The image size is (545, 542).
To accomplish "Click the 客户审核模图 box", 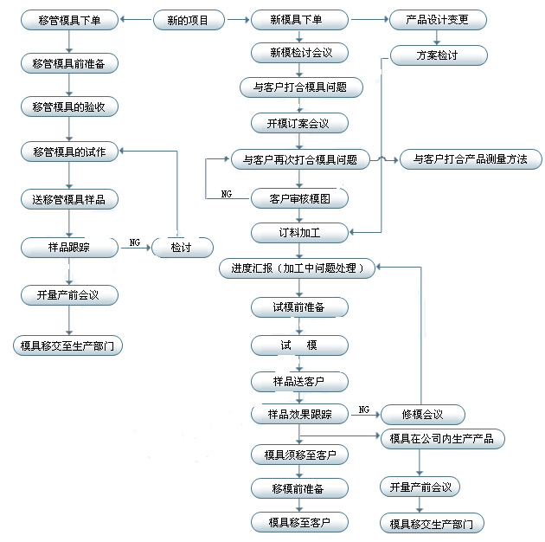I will pos(298,198).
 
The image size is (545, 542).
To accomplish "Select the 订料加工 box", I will pos(298,232).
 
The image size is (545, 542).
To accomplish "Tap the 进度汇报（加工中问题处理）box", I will pos(298,268).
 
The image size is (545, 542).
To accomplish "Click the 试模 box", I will pos(298,345).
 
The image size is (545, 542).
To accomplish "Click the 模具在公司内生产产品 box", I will pos(441,438).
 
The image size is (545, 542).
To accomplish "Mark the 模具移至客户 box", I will pos(298,522).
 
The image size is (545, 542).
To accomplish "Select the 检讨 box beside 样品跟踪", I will pos(181,248).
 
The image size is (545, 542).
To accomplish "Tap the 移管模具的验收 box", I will pos(70,106).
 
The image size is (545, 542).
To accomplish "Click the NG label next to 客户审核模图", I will pos(226,191).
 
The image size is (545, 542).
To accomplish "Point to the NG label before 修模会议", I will pos(363,410).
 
